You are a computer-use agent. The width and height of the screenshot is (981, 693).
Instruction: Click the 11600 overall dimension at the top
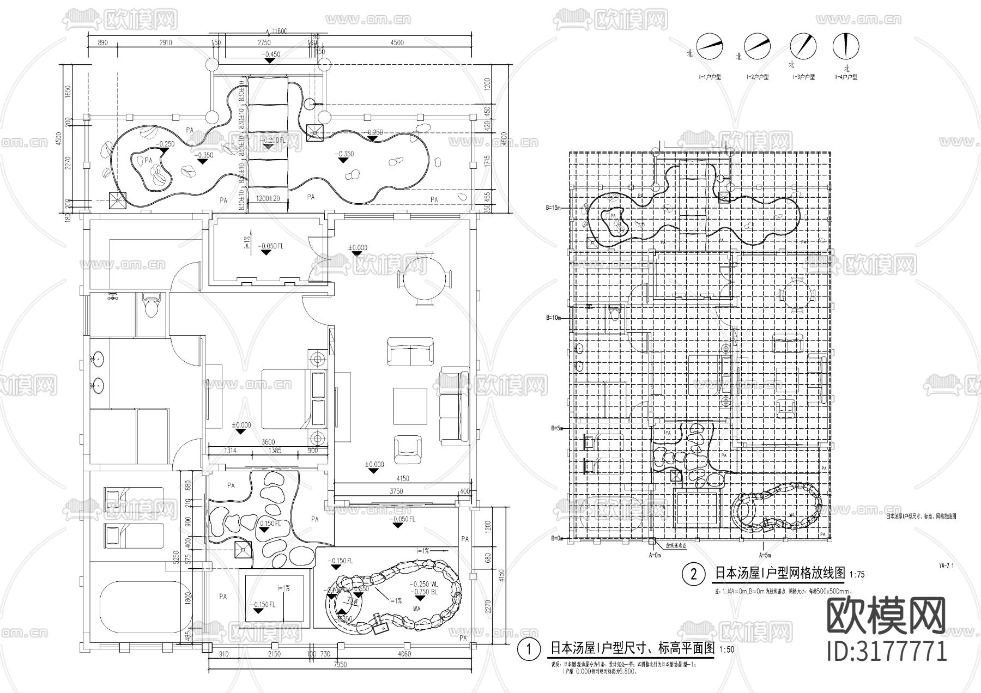[280, 32]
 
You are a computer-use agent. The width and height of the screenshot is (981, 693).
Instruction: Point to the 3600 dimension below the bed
[268, 442]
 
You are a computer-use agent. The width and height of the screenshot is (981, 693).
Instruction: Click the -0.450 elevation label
[271, 54]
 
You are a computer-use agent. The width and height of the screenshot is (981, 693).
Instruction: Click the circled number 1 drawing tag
[528, 649]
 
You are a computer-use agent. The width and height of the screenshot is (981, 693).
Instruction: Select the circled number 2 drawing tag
[694, 574]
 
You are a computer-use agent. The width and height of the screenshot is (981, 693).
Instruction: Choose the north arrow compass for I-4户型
[846, 47]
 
